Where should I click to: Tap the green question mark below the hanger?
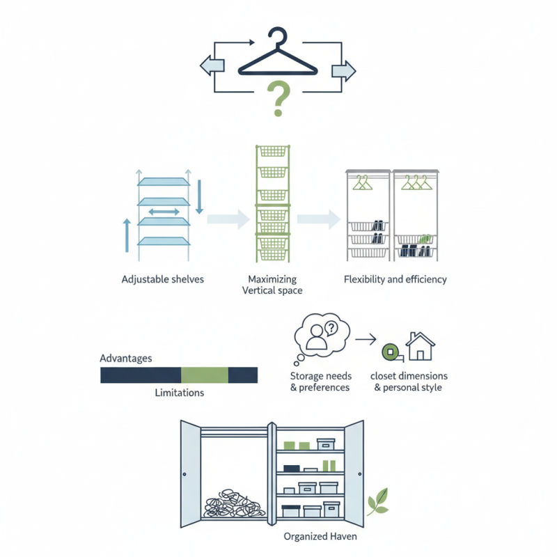click(278, 98)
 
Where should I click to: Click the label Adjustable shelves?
click(162, 279)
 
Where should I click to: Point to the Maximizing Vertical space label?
click(272, 284)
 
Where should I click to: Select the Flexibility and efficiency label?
click(395, 279)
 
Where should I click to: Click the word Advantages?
click(126, 358)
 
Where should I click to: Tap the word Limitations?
click(179, 393)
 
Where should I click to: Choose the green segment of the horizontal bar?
click(205, 375)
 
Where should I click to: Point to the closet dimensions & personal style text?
click(408, 382)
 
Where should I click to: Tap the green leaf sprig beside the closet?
click(377, 501)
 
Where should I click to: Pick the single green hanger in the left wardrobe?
click(361, 183)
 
